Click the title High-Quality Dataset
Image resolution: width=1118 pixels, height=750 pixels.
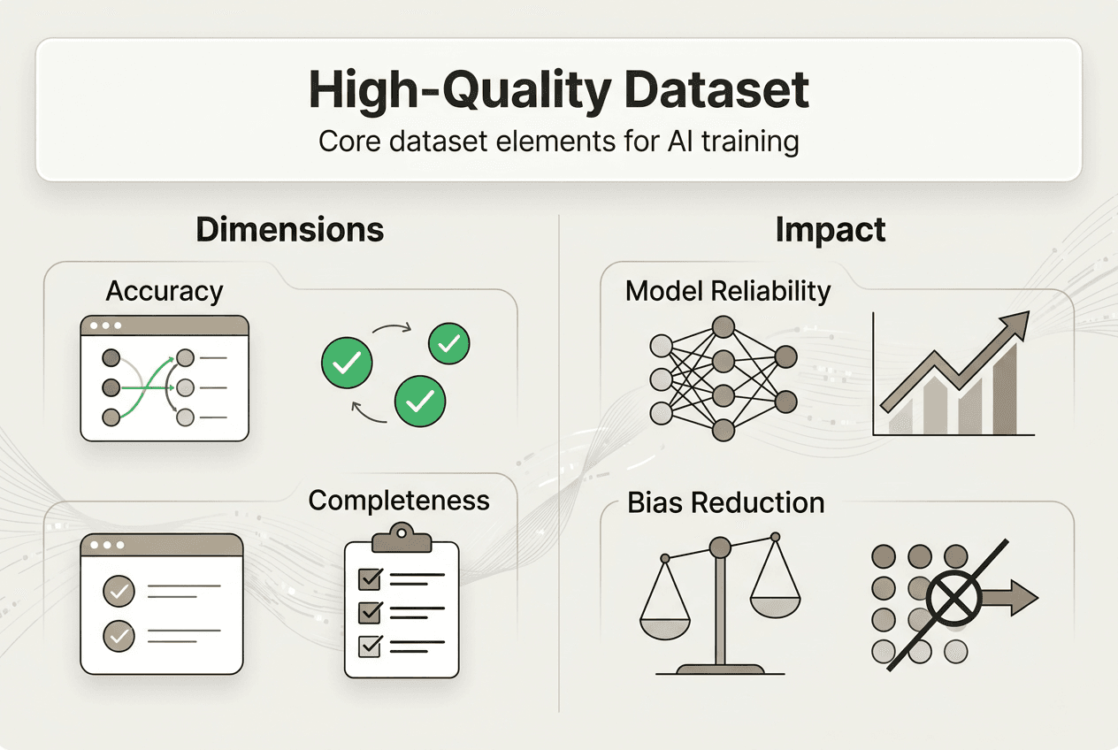(558, 90)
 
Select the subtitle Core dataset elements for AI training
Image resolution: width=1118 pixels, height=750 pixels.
(558, 142)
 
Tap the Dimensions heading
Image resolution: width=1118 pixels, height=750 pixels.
(289, 229)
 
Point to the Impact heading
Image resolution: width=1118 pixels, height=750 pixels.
(830, 229)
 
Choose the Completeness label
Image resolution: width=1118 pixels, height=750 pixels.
(399, 500)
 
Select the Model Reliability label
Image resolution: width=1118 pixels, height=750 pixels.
(727, 291)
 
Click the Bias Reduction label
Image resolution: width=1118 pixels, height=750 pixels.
(725, 502)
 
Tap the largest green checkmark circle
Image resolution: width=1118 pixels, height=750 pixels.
(420, 402)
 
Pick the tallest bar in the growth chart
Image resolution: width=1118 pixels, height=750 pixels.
(1005, 394)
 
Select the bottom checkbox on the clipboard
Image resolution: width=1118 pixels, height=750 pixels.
(368, 647)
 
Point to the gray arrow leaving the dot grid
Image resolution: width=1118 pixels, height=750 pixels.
(1010, 599)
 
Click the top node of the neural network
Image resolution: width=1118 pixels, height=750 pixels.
(724, 326)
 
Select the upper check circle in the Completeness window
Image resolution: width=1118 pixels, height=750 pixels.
(119, 590)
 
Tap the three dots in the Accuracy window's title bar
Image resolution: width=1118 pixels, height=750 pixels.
(105, 325)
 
